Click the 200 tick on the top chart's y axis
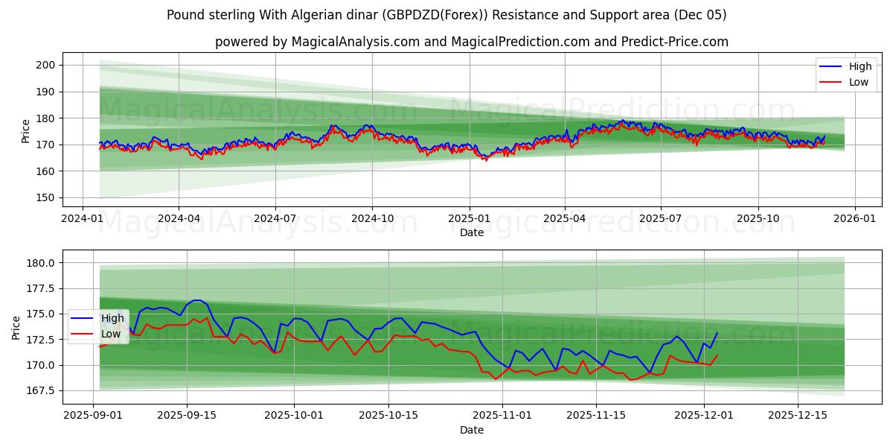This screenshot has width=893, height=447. pos(46,66)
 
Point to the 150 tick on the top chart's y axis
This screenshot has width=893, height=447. pos(46,198)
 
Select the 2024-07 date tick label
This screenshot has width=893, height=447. pos(275,219)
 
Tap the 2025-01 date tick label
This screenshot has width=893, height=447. pos(469,219)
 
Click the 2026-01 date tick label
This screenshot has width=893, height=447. pos(854,219)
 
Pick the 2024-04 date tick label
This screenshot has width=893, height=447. pos(179,219)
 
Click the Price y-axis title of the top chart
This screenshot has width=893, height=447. pos(26,131)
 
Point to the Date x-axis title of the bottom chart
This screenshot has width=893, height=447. pos(471,430)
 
